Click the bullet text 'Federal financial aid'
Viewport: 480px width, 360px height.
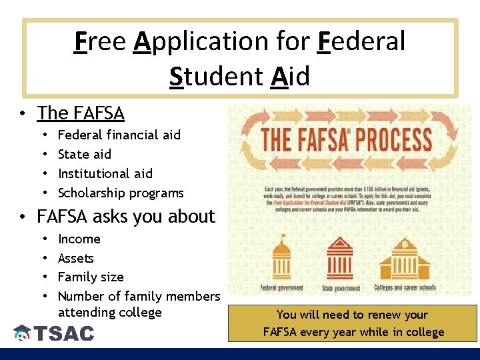[119, 135]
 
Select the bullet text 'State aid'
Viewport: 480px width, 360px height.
[85, 154]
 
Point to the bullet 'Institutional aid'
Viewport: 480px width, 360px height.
[105, 173]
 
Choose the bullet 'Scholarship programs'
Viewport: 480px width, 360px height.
[121, 193]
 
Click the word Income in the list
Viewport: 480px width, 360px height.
[79, 239]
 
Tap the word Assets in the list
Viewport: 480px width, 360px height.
[76, 258]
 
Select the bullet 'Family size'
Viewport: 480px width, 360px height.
[91, 277]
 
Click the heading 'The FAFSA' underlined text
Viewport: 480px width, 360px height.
[81, 113]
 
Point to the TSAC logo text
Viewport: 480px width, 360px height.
[64, 333]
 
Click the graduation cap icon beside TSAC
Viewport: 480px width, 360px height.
[22, 333]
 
